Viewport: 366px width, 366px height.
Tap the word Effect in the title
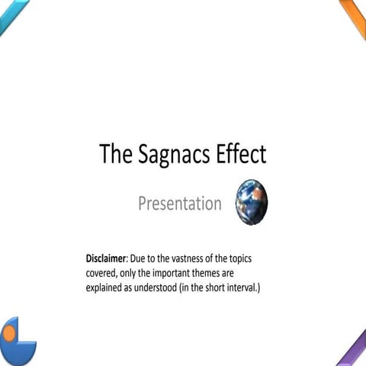[x=239, y=154]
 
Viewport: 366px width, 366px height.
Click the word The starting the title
[x=115, y=154]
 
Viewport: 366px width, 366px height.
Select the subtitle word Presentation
[x=179, y=204]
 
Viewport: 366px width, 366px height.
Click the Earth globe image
[x=252, y=201]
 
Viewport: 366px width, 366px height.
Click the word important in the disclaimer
[x=183, y=274]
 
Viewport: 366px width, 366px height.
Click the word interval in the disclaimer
[x=250, y=288]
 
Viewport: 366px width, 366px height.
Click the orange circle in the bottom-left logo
[x=9, y=333]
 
